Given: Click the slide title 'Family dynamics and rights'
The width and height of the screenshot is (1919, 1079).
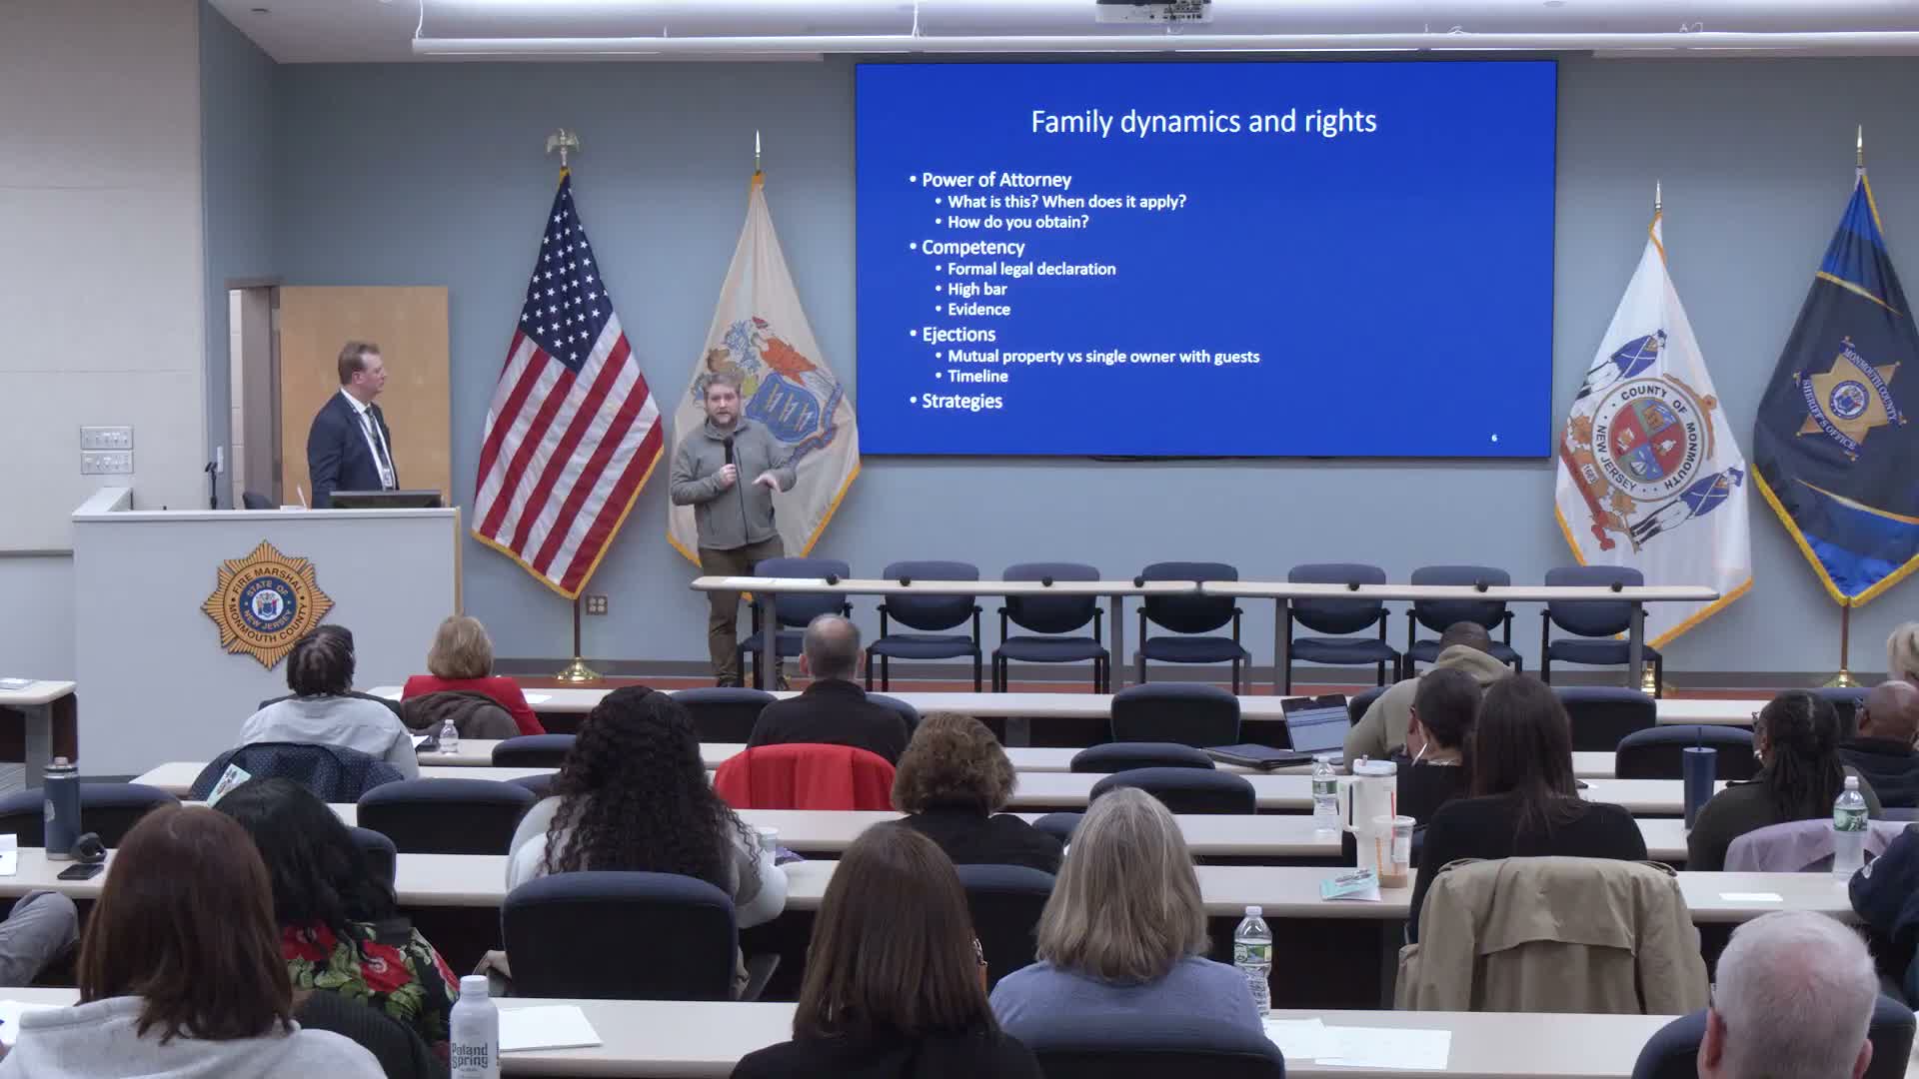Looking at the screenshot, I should click(1203, 122).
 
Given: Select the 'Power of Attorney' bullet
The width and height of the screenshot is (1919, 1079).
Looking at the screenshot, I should click(995, 180).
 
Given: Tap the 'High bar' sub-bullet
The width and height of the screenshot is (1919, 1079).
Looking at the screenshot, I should click(976, 289).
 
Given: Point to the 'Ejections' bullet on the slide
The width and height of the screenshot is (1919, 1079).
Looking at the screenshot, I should click(958, 334).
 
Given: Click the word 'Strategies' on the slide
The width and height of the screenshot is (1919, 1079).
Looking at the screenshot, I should click(961, 401).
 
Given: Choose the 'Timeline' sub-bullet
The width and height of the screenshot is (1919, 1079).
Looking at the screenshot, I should click(977, 376).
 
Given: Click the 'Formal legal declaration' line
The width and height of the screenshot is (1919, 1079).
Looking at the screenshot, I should click(1031, 269).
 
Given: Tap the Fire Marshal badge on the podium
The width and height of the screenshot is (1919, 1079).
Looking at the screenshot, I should click(267, 604).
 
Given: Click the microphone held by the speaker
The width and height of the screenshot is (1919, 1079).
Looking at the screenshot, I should click(729, 449).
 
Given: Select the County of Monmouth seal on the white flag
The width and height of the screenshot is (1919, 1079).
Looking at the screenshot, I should click(1649, 440).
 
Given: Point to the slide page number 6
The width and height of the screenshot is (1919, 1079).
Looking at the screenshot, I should click(1494, 438).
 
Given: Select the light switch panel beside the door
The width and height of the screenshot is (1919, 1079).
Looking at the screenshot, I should click(106, 450).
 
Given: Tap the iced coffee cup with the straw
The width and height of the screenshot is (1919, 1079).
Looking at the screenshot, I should click(1392, 849).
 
